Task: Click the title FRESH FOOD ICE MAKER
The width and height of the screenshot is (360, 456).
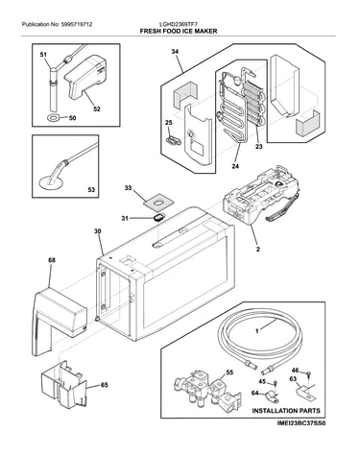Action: [179, 31]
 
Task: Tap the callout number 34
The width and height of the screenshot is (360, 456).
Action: [175, 52]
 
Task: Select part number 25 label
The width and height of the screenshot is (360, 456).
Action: [169, 122]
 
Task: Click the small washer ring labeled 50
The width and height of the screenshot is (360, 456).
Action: [53, 118]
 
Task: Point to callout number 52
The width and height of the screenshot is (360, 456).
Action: [97, 108]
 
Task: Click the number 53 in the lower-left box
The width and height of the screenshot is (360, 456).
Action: [91, 190]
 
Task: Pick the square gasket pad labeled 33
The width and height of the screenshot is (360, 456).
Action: [158, 203]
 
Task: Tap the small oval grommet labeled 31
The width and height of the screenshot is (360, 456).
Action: [158, 217]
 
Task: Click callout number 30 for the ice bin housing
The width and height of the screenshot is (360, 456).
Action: [98, 231]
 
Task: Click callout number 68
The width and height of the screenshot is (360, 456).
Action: [52, 260]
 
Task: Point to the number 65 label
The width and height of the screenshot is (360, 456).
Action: [105, 385]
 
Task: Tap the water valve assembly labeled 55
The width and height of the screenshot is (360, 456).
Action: [207, 390]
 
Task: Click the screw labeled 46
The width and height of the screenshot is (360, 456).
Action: [308, 373]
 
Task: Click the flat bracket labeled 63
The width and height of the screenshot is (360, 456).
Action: [305, 393]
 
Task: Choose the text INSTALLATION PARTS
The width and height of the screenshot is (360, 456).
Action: [286, 411]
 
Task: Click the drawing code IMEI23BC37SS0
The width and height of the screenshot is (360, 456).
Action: [301, 423]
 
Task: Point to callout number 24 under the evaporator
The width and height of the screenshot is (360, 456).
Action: [236, 166]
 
